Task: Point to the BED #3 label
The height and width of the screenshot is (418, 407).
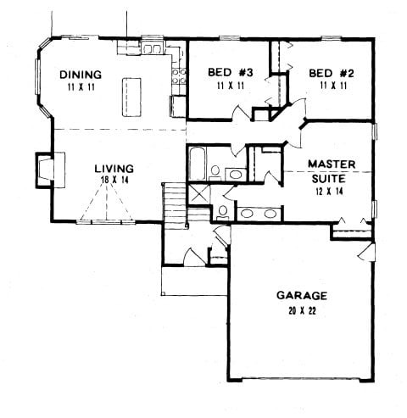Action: (x=226, y=72)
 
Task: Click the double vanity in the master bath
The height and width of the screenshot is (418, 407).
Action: (x=256, y=212)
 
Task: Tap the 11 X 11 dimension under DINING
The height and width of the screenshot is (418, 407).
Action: (x=81, y=86)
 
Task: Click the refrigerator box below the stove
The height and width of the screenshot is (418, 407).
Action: (x=178, y=106)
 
